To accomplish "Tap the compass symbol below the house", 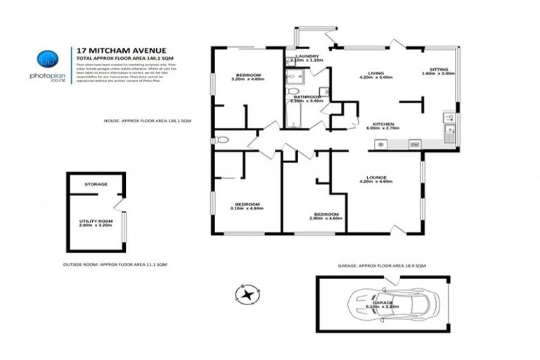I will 247,294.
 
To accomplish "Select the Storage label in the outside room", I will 96,184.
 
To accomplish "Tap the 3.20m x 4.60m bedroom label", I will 247,77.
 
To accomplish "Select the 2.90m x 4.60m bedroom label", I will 326,216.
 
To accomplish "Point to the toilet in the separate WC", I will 222,140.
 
